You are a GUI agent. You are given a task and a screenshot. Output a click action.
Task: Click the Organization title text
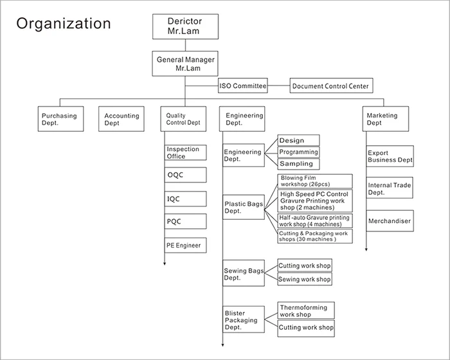(x=64, y=24)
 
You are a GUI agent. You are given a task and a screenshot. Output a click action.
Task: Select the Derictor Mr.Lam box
(x=186, y=26)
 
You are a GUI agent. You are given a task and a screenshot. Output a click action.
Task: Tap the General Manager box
(x=186, y=64)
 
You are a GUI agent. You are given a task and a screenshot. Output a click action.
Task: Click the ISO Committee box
(x=242, y=85)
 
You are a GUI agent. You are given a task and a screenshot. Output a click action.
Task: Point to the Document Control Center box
(x=330, y=85)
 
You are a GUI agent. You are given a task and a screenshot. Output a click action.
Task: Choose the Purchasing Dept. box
(x=59, y=119)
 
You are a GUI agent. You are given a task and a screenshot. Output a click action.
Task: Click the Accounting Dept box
(x=122, y=119)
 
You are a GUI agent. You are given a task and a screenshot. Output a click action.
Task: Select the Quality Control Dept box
(x=184, y=119)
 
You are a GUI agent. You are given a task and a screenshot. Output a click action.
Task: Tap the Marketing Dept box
(x=383, y=119)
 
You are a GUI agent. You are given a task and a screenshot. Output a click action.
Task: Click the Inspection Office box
(x=185, y=152)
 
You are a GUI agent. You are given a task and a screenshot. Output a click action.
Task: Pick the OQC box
(x=185, y=175)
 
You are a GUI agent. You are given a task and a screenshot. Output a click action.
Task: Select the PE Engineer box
(x=185, y=245)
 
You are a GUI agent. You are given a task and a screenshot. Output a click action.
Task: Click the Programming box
(x=298, y=152)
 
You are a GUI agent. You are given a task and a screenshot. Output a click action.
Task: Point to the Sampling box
(x=298, y=164)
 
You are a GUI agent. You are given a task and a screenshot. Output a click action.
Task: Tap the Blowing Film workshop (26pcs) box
(x=315, y=181)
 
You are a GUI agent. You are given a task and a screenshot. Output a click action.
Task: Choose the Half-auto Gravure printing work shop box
(x=315, y=221)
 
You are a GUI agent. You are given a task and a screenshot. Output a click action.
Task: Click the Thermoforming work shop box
(x=305, y=311)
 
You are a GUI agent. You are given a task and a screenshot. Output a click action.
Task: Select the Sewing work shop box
(x=305, y=280)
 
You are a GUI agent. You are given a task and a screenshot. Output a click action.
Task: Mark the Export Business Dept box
(x=390, y=156)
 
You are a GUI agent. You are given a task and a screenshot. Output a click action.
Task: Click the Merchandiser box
(x=390, y=221)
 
